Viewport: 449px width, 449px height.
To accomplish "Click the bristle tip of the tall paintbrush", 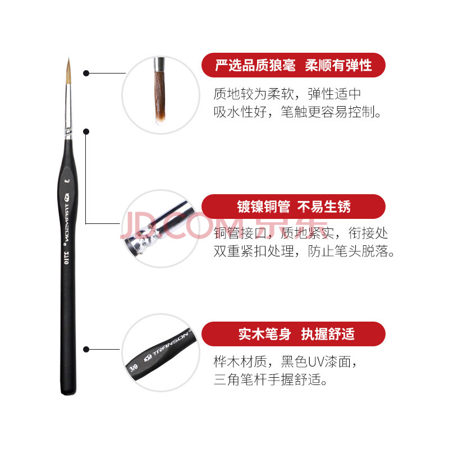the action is (x=68, y=59).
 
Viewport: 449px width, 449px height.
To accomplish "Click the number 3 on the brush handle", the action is (x=67, y=181).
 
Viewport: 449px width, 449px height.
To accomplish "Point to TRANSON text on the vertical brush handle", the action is (x=67, y=222).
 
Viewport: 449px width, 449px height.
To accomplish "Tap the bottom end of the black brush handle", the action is (x=68, y=393).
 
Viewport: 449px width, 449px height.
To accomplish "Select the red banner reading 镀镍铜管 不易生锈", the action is (x=294, y=207).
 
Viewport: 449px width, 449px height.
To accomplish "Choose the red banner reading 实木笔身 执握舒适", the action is (x=294, y=334).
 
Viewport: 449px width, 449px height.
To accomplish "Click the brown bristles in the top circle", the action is (x=160, y=97).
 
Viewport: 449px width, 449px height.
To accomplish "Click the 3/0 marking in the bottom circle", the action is (x=134, y=367).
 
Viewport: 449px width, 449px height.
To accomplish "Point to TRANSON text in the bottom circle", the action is (x=170, y=344).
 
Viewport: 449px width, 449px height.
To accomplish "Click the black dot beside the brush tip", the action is (x=86, y=74).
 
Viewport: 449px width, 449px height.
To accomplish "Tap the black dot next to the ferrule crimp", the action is (x=86, y=131).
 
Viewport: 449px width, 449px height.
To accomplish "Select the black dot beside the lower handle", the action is (x=86, y=349).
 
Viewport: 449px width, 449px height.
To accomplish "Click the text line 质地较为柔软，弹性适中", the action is (x=287, y=94).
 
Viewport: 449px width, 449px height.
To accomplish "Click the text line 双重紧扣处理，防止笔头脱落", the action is (x=304, y=251).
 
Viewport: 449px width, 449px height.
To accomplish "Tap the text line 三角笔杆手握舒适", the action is (x=271, y=379).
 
